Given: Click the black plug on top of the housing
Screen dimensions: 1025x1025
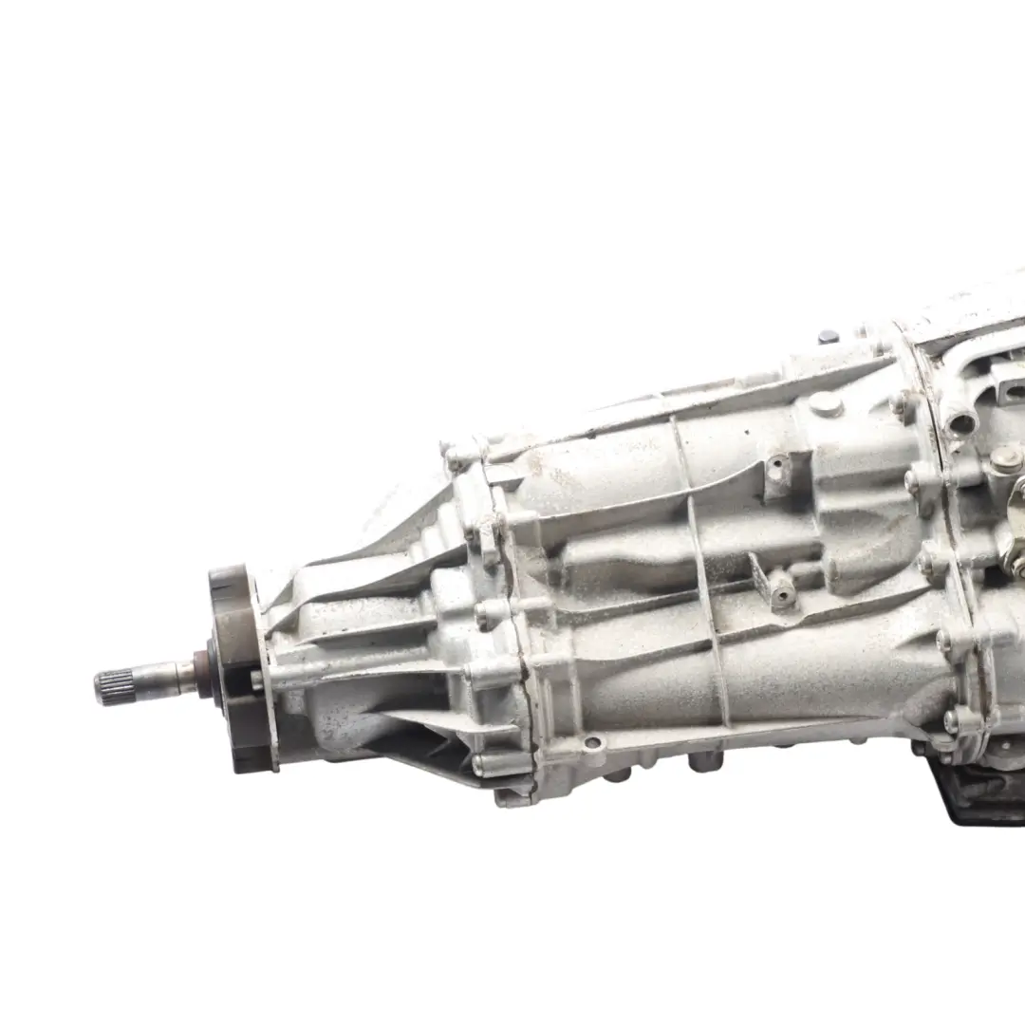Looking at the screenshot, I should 828,336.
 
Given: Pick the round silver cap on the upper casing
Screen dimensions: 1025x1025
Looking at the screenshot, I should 826,405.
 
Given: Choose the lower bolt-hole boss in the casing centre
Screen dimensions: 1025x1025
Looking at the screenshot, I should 782,592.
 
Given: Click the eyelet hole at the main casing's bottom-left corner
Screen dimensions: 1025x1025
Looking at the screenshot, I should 593,744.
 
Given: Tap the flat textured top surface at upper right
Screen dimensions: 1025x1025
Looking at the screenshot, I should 959,313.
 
